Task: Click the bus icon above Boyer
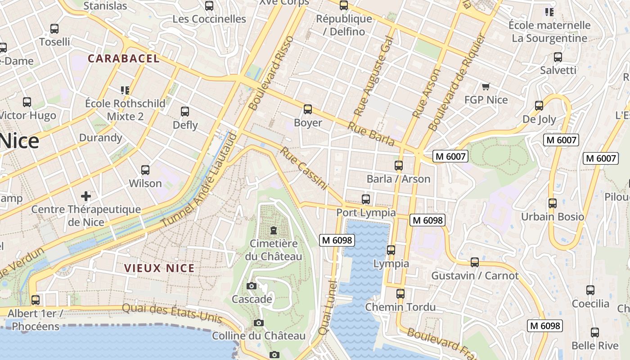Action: point(308,109)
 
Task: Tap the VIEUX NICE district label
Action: point(159,269)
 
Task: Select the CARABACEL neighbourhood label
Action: point(124,58)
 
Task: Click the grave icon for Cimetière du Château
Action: point(273,231)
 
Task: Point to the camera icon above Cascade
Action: point(252,286)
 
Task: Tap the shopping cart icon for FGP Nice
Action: point(486,86)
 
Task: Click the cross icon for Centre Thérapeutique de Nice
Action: point(86,196)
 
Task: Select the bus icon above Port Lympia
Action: point(366,199)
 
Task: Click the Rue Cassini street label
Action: point(305,168)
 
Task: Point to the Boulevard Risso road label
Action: point(271,73)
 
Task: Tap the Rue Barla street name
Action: point(371,134)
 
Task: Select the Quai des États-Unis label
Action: point(172,313)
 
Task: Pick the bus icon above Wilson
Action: point(145,170)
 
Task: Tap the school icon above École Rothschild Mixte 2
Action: point(125,90)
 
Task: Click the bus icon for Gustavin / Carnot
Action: point(475,262)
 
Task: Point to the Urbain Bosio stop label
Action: point(553,216)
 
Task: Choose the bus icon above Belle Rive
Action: point(595,333)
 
